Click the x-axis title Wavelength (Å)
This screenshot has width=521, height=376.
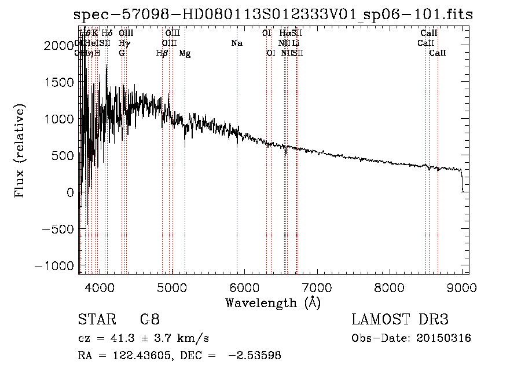(273, 302)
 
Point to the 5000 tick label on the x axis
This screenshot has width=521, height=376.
(171, 287)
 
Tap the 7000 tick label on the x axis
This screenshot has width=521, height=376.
(317, 287)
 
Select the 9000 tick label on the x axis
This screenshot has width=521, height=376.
(462, 287)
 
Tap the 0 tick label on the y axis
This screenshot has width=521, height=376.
(70, 192)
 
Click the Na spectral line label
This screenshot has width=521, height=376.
(236, 43)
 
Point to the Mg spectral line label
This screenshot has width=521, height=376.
(185, 53)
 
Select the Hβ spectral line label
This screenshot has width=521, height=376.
(162, 53)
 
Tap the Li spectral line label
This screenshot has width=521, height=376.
(295, 43)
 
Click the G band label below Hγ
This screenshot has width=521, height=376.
(122, 53)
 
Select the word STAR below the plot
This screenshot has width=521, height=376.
(95, 320)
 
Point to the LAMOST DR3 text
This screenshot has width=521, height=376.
(400, 320)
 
